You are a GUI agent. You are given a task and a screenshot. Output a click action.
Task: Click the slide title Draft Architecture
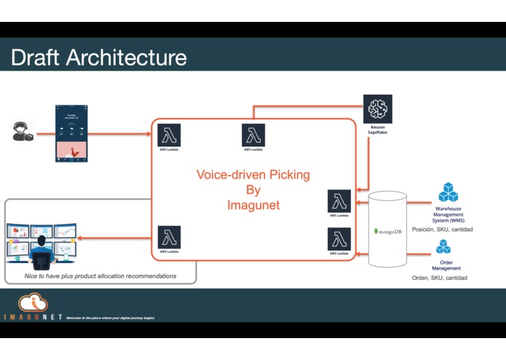coord(98,58)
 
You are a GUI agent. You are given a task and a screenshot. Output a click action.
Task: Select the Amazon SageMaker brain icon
coord(377,109)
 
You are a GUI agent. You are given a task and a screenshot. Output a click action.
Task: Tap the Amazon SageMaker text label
coord(377,130)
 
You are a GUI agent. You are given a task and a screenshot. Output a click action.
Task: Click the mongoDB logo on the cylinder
coord(387,231)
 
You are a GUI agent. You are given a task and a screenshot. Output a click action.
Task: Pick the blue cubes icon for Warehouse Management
coord(448,192)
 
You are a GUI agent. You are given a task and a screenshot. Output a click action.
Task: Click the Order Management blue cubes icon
coord(443,247)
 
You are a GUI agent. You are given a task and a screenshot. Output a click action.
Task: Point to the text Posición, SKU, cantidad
coord(442,229)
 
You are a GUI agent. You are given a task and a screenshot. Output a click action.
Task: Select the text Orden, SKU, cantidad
coord(439,278)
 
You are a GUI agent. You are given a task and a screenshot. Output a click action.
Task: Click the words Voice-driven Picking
coord(253,175)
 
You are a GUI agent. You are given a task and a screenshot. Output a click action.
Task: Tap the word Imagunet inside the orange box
coord(253,206)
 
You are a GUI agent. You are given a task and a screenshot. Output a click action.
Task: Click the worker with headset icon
coord(23,132)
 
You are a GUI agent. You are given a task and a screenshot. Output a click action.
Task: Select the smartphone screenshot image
coord(71,133)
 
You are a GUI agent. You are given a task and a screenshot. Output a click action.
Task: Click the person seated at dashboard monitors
coord(41,245)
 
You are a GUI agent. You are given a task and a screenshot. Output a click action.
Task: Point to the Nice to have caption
coord(90,276)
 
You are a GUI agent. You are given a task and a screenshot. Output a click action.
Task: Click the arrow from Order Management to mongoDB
coord(419,254)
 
